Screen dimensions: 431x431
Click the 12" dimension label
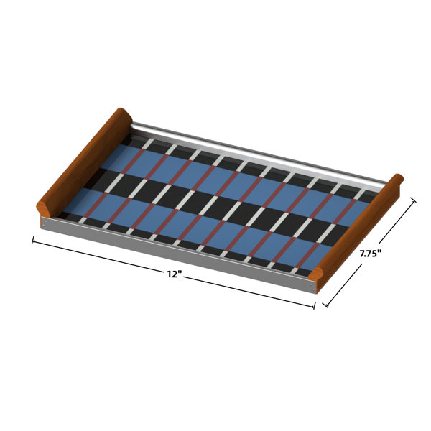coord(175,274)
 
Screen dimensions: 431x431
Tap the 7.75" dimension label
coord(371,254)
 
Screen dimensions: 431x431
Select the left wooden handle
coord(84,163)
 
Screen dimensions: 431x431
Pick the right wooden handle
coord(356,228)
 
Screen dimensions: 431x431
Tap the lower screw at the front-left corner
coord(43,226)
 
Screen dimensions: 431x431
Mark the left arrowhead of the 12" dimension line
coord(34,241)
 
